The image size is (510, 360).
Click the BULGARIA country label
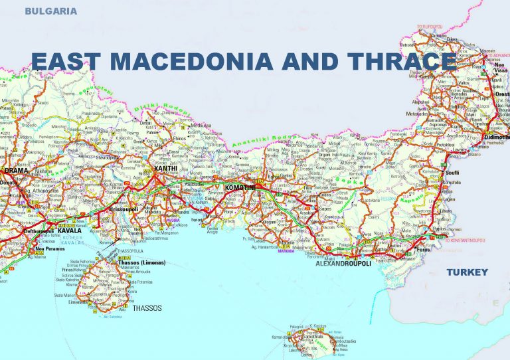tap(50, 11)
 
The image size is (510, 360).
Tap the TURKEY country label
tap(466, 272)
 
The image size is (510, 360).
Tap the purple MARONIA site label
tap(286, 251)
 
